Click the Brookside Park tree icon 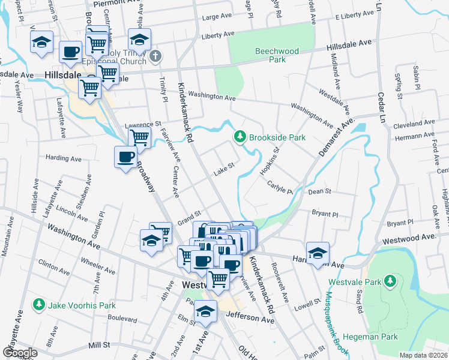240,137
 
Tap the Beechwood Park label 277,55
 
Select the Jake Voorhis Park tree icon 40,305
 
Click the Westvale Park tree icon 390,281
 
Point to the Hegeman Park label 372,337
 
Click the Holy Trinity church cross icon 155,57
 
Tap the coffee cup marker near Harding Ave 125,158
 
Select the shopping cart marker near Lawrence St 140,137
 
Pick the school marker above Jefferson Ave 205,312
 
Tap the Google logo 20,353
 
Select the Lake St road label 223,169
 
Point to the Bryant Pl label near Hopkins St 327,214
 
